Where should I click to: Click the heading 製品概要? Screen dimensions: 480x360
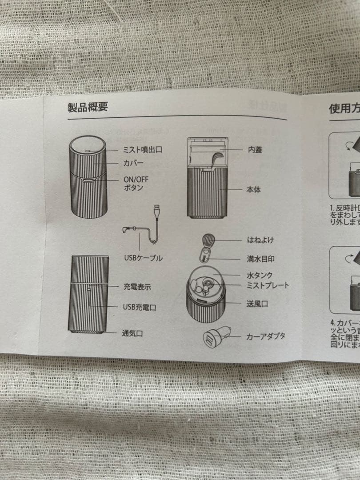tap(88, 108)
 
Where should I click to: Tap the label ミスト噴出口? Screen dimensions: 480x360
tap(142, 150)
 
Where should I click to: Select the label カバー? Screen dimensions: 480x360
tap(133, 164)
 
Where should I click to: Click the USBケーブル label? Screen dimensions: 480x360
tap(143, 258)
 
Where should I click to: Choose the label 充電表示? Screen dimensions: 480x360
tap(137, 287)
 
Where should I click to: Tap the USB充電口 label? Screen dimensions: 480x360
tap(139, 307)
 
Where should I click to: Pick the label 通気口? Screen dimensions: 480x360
tap(132, 333)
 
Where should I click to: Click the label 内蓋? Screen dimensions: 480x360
tap(255, 150)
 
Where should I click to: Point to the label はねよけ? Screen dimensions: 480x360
tap(260, 240)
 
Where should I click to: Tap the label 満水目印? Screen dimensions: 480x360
tap(260, 258)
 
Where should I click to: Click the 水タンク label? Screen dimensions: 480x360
tap(260, 276)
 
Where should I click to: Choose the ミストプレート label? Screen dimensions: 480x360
tap(268, 285)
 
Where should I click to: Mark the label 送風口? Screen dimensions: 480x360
tap(257, 304)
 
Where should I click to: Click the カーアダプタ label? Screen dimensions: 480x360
tap(266, 336)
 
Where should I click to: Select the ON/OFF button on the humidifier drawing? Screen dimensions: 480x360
tap(88, 181)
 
